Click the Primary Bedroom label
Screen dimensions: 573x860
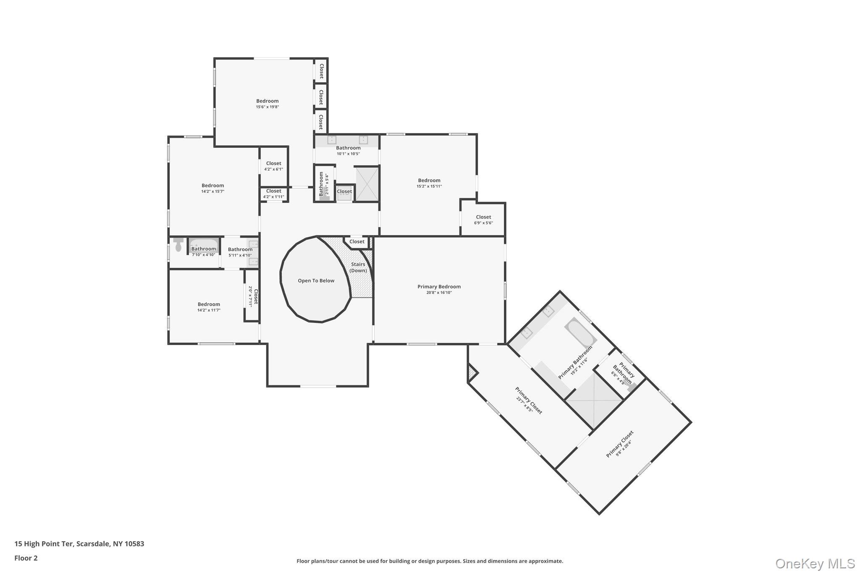439,287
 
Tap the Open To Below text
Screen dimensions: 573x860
316,281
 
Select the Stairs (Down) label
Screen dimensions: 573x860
358,267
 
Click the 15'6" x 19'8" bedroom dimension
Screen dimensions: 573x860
267,107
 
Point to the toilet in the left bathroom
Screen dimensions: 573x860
178,245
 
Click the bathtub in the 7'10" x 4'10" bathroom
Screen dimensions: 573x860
203,244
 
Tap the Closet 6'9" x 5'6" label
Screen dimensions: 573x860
483,217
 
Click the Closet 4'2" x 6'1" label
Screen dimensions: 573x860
273,164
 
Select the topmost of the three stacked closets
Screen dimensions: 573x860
321,71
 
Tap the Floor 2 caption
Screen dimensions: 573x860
26,558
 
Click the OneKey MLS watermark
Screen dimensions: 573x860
815,563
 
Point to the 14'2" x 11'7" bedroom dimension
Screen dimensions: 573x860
209,310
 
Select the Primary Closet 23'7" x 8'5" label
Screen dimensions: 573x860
529,400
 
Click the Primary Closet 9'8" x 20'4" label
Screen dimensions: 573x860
619,444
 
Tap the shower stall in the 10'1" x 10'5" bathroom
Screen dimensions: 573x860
367,183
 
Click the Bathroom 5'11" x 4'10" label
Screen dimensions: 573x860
240,249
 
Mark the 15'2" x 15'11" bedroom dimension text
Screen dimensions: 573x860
429,186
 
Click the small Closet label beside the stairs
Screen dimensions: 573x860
357,242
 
